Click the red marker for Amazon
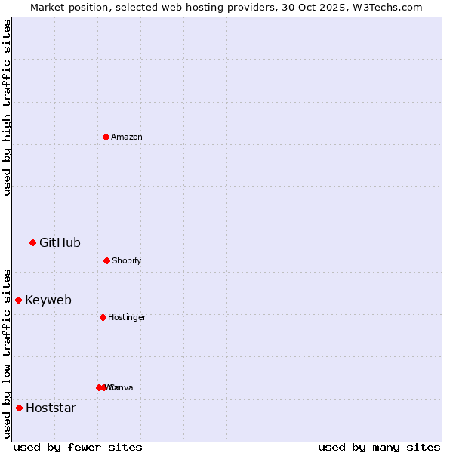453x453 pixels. point(106,137)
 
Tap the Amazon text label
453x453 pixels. point(127,137)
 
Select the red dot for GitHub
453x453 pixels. point(32,242)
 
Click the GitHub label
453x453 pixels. point(60,242)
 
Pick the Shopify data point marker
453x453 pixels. point(106,260)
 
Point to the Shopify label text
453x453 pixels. point(127,260)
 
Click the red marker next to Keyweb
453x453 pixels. point(18,300)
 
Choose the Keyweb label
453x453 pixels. point(48,300)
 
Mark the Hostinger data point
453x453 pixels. point(103,317)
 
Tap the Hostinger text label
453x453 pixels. point(127,317)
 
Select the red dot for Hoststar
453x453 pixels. point(19,408)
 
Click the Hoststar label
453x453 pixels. point(51,408)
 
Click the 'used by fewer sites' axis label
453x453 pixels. point(78,447)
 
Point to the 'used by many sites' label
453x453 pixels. point(379,447)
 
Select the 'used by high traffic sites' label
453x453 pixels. point(7,107)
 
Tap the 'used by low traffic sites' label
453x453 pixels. point(7,353)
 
